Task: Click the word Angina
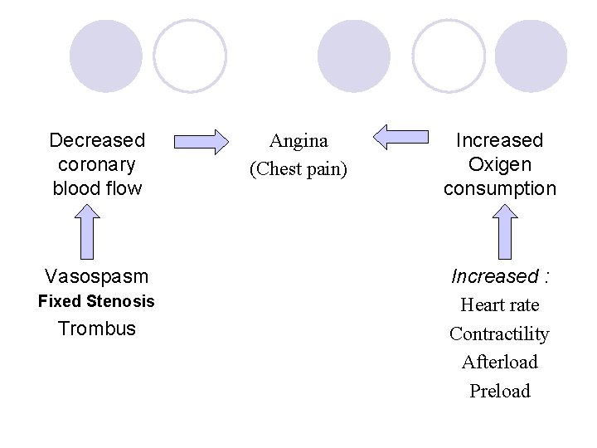(x=299, y=141)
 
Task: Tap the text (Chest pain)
(x=298, y=169)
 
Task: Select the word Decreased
(x=97, y=140)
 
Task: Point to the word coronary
(x=97, y=164)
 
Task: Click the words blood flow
(x=97, y=188)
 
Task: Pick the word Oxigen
(x=499, y=164)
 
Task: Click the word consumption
(x=499, y=188)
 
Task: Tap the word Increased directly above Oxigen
(x=499, y=140)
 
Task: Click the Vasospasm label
(x=97, y=275)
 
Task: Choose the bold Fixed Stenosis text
(x=96, y=301)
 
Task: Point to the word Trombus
(x=97, y=329)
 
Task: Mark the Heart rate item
(x=499, y=305)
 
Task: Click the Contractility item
(x=499, y=334)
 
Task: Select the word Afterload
(x=499, y=362)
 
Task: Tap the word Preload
(x=499, y=391)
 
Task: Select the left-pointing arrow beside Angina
(x=400, y=137)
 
